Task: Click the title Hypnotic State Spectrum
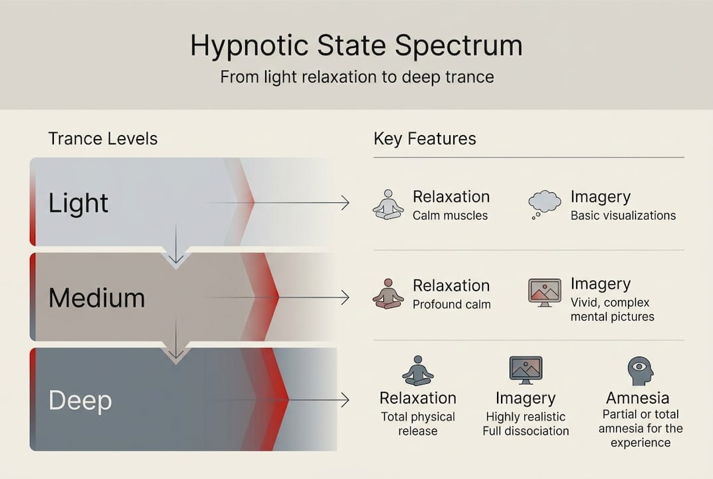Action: (x=356, y=45)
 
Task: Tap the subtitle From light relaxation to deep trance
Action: (x=356, y=77)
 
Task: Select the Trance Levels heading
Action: (x=103, y=138)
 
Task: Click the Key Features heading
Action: (x=425, y=138)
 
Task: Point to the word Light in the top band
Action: (x=78, y=203)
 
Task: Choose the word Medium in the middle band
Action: (x=97, y=297)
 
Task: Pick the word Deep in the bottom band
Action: (x=80, y=400)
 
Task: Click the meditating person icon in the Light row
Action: (x=388, y=204)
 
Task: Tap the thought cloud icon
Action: (x=544, y=204)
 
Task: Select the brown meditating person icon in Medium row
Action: (x=388, y=293)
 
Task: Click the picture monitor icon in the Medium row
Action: (x=544, y=293)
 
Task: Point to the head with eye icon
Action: (x=640, y=371)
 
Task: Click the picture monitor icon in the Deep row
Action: (x=526, y=370)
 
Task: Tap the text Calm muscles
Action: (x=450, y=216)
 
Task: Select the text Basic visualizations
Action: (x=623, y=216)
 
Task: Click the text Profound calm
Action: (x=451, y=305)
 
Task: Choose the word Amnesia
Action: (x=637, y=398)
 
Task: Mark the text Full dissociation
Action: (x=526, y=430)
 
